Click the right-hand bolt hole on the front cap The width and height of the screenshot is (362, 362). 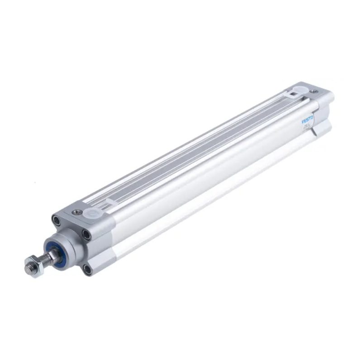click(86, 234)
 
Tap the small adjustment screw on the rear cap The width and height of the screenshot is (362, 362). click(314, 90)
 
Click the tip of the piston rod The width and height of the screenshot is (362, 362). click(28, 267)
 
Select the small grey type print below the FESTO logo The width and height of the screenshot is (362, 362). click(308, 130)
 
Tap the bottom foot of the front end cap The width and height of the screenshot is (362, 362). click(97, 267)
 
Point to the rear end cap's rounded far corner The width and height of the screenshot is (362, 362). click(330, 95)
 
